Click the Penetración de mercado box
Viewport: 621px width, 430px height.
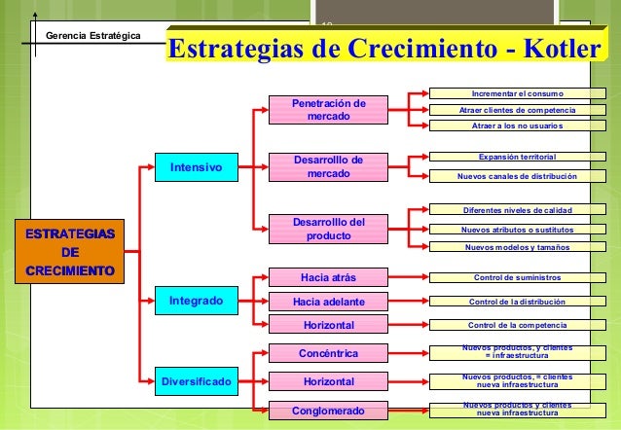328,110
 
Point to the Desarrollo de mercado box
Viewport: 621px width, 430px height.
328,166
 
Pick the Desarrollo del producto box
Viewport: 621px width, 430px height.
328,229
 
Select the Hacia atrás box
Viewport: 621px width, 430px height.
328,277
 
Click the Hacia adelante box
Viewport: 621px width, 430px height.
328,301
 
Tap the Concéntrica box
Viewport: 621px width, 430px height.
328,352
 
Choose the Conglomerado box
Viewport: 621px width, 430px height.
328,412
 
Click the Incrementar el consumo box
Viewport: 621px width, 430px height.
517,94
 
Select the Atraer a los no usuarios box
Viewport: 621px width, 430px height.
517,125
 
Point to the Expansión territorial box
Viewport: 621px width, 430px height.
517,156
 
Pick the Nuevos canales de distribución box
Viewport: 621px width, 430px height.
517,176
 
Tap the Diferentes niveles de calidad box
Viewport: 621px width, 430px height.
517,210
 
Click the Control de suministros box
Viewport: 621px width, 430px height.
517,277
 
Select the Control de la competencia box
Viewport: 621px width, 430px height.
517,325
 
